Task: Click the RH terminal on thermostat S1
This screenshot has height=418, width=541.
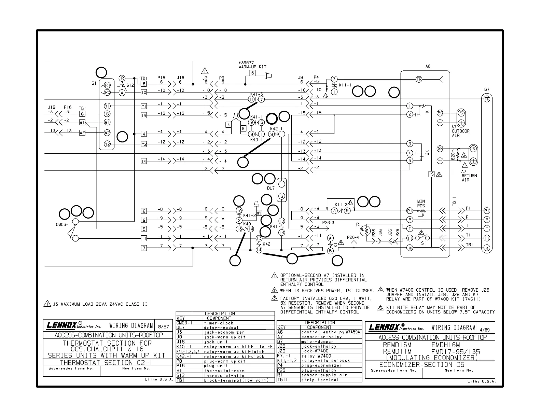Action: coord(107,85)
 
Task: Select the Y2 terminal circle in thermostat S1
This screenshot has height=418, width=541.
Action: coord(107,144)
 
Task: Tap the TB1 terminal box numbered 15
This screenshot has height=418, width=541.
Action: coord(144,115)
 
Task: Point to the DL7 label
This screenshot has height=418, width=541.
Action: coord(270,188)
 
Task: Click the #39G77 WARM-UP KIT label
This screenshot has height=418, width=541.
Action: coord(252,65)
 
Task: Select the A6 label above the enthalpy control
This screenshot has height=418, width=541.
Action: coord(428,67)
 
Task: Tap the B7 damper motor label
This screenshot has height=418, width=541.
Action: coord(487,89)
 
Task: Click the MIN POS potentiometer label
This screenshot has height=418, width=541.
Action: coord(421,204)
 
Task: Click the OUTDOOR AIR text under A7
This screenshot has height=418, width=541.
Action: coord(460,133)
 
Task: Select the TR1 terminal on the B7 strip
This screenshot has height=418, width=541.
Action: coord(487,248)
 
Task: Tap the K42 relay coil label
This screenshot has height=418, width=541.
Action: coord(266,244)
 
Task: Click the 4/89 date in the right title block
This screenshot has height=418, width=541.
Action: coord(485,330)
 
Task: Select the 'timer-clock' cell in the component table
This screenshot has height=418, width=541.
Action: coord(219,323)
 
